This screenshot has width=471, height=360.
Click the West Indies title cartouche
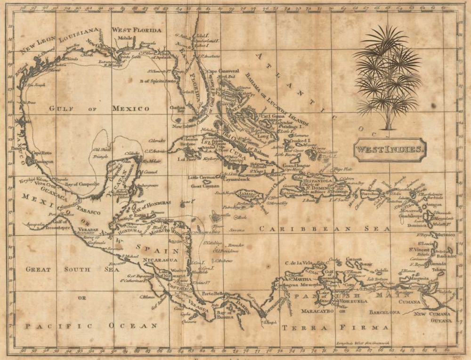390,150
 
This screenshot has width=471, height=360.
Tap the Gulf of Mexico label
99,109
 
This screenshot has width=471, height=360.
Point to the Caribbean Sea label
325,229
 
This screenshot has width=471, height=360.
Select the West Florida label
136,30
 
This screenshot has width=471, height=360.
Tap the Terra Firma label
335,327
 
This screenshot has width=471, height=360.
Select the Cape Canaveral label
223,71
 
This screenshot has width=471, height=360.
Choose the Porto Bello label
211,294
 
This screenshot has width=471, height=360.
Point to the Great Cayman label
203,186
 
